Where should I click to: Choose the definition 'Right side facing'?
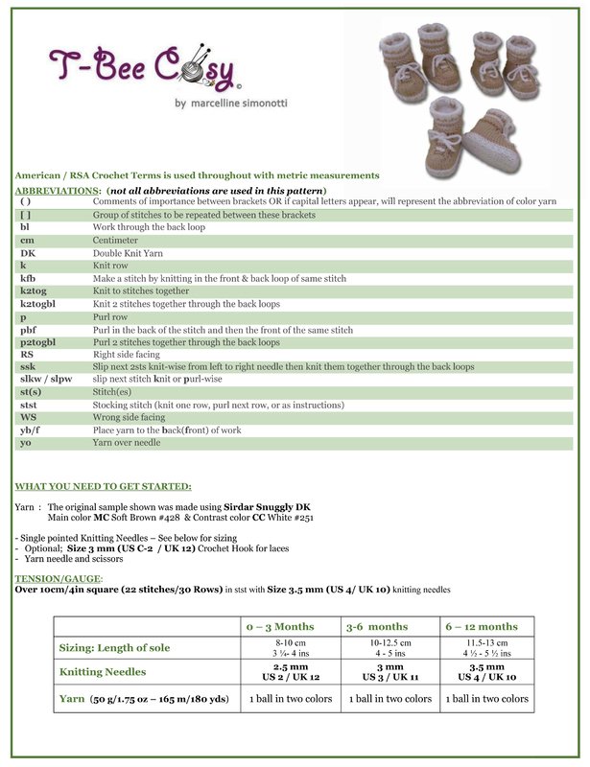click(126, 354)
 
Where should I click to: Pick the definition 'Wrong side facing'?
click(129, 417)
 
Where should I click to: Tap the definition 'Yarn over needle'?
click(126, 442)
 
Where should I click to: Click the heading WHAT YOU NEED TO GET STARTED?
click(103, 486)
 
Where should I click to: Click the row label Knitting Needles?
click(108, 672)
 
